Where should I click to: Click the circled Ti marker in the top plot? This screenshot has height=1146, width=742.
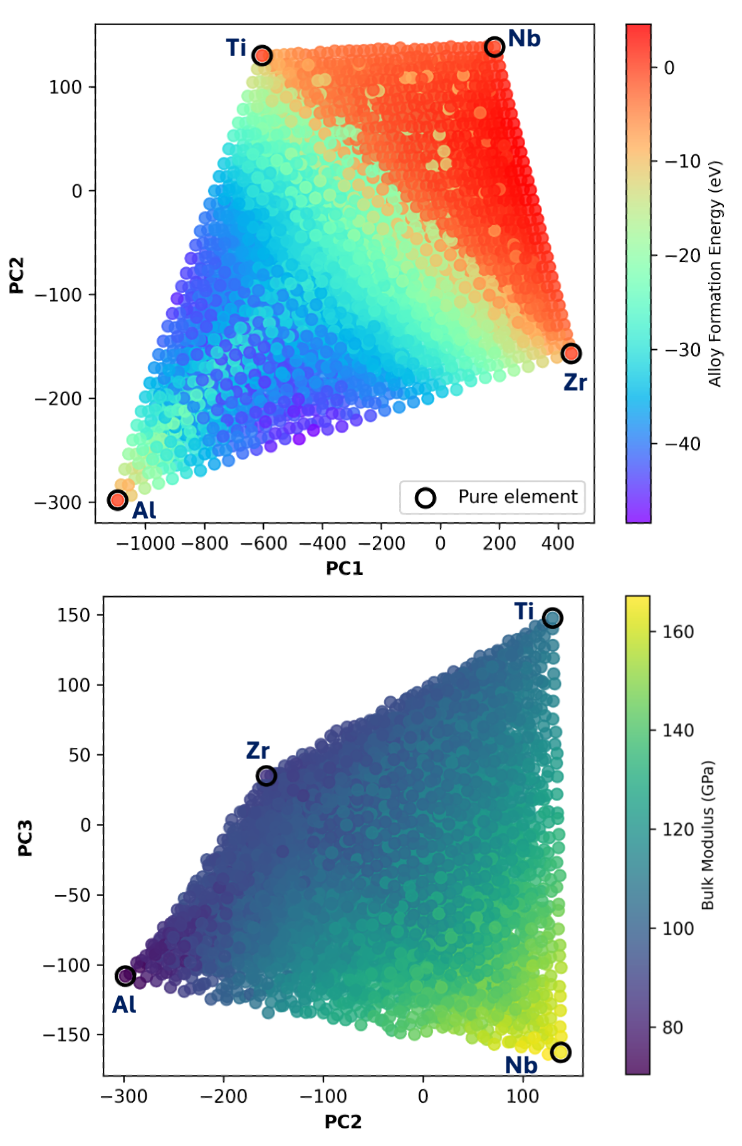[262, 55]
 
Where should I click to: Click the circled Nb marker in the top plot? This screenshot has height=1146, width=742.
[494, 46]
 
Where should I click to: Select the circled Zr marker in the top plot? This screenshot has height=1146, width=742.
[571, 354]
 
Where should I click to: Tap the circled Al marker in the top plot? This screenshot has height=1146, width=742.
[118, 500]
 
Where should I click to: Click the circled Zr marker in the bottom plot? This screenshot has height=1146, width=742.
[266, 776]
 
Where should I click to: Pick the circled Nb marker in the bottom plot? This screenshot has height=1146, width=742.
[560, 1052]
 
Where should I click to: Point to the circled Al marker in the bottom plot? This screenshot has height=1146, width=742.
[125, 976]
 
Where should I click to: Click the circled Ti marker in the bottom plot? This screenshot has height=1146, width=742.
[552, 618]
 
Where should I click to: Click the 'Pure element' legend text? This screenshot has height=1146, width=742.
[518, 497]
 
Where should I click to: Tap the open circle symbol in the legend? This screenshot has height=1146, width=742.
[426, 498]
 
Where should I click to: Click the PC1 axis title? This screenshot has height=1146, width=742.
[344, 568]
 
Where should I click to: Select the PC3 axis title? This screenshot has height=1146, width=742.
[25, 838]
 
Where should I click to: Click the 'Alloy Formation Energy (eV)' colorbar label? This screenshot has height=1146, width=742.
[715, 274]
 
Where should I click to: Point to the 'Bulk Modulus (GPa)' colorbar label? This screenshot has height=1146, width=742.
[708, 836]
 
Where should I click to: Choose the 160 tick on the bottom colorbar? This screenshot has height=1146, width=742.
[677, 631]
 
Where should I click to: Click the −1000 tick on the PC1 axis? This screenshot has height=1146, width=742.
[145, 543]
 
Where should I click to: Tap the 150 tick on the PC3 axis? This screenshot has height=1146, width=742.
[73, 615]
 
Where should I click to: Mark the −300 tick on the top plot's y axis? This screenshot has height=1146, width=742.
[58, 503]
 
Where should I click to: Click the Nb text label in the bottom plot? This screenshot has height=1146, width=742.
[521, 1065]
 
